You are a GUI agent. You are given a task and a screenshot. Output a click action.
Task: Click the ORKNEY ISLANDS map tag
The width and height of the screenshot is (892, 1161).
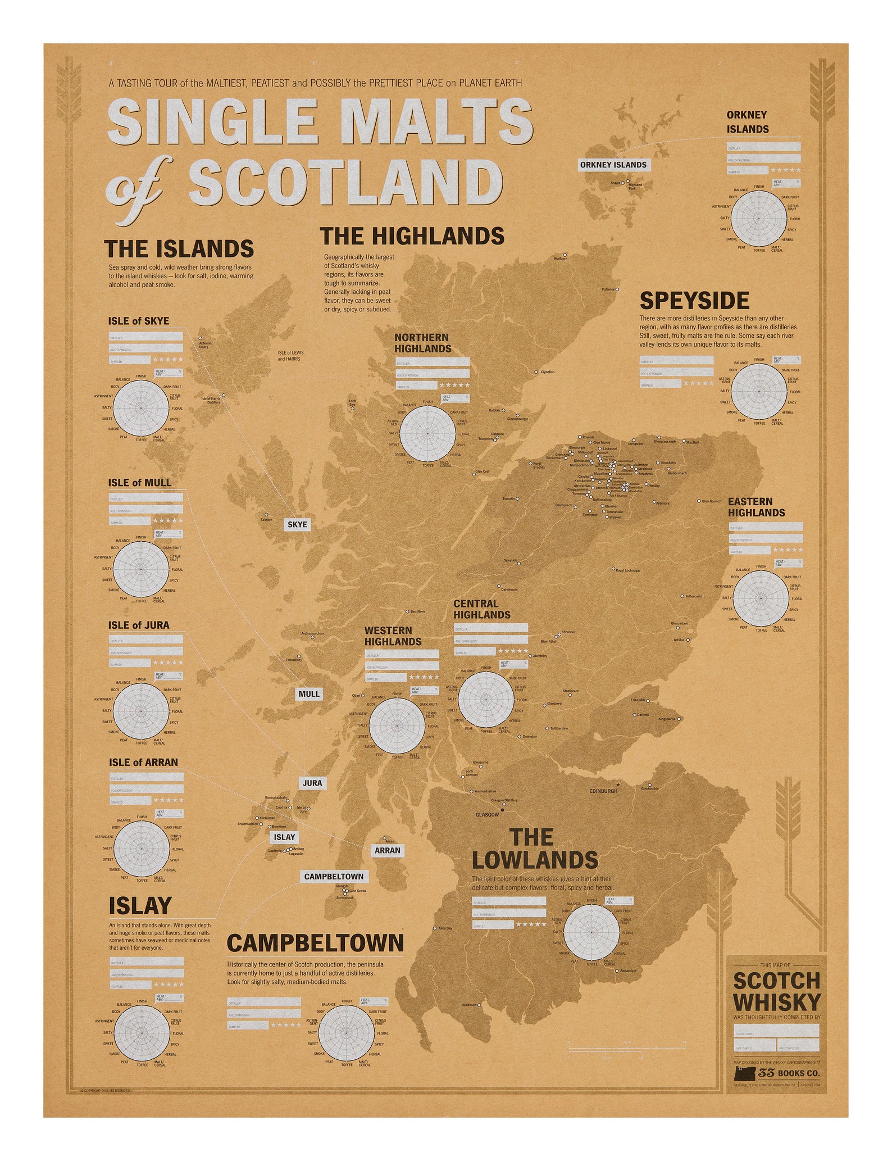pyautogui.click(x=613, y=165)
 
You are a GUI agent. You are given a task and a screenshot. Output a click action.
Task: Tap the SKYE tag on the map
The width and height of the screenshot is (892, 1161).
pyautogui.click(x=297, y=524)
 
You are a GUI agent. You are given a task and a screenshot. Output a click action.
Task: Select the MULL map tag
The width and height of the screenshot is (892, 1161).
pyautogui.click(x=309, y=694)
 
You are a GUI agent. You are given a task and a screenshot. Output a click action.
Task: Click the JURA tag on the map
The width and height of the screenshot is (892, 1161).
pyautogui.click(x=312, y=783)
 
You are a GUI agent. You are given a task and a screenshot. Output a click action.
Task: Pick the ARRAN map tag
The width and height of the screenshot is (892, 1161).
pyautogui.click(x=388, y=850)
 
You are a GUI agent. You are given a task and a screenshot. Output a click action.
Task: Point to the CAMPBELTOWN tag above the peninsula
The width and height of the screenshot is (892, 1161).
pyautogui.click(x=334, y=877)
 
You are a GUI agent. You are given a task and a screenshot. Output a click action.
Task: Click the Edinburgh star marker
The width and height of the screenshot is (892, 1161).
pyautogui.click(x=618, y=784)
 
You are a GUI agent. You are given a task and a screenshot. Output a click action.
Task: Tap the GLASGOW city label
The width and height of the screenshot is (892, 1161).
pyautogui.click(x=487, y=814)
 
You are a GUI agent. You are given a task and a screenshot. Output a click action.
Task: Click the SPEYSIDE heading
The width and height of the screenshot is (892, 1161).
pyautogui.click(x=694, y=301)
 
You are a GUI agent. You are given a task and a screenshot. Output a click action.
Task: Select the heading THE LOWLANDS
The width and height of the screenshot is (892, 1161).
pyautogui.click(x=535, y=849)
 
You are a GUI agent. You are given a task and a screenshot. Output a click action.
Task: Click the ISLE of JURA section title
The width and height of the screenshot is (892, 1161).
pyautogui.click(x=139, y=625)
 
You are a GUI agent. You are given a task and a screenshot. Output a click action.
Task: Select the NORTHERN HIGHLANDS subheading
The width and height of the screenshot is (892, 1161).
pyautogui.click(x=422, y=343)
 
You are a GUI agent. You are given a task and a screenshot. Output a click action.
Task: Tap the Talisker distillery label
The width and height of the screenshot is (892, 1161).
pyautogui.click(x=266, y=519)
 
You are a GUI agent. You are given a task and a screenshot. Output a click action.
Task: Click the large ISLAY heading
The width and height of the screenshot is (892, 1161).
pyautogui.click(x=140, y=905)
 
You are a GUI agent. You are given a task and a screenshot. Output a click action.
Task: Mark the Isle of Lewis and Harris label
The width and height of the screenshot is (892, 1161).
pyautogui.click(x=290, y=356)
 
